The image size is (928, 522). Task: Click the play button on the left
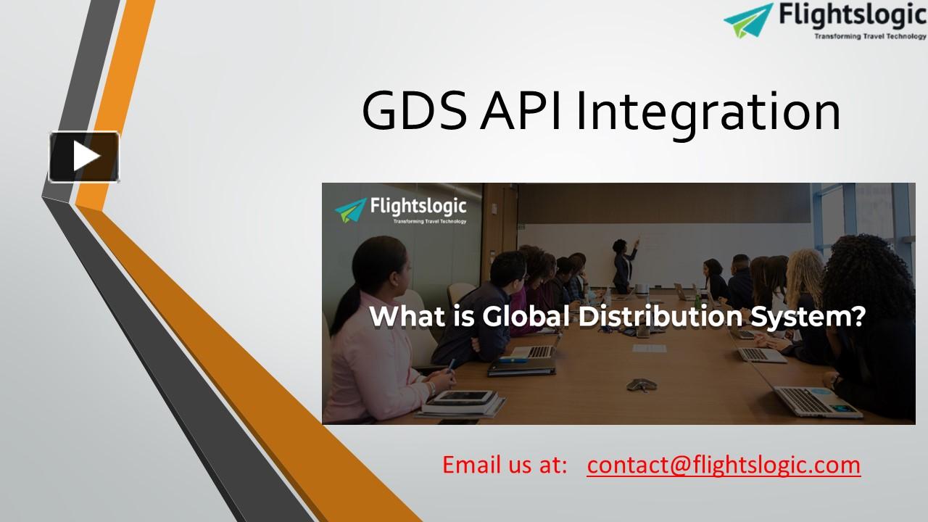84,157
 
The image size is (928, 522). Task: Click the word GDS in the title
415,112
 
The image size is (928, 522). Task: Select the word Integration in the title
708,113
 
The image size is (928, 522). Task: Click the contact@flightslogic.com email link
724,464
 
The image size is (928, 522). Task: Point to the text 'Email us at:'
505,464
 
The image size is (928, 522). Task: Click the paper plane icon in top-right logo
748,20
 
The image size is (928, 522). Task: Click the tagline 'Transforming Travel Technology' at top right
869,36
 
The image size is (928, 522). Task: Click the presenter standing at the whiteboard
623,265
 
